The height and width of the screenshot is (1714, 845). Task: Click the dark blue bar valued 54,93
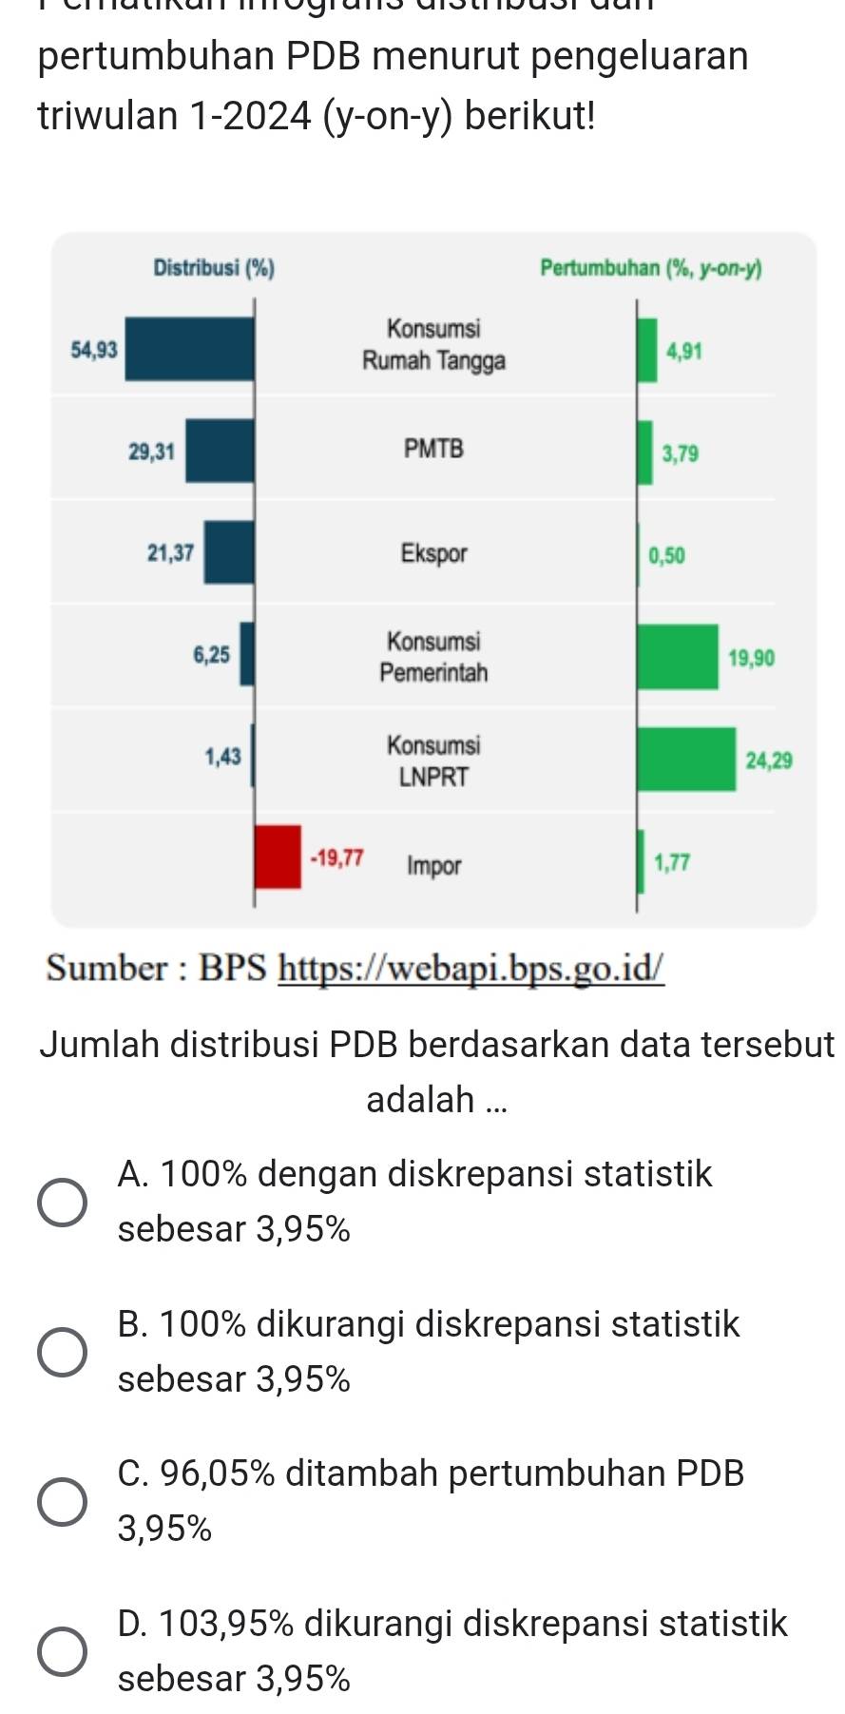189,349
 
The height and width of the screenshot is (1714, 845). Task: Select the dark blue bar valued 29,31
220,451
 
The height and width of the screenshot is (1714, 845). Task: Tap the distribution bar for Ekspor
229,552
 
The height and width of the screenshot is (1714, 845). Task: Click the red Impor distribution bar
278,857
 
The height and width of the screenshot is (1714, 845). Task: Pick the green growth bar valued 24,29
685,759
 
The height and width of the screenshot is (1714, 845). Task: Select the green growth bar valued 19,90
677,657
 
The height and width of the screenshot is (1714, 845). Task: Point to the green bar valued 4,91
647,351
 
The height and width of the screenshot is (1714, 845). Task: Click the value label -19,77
337,858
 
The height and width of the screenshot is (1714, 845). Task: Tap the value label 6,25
211,655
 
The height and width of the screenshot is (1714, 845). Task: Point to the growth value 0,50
666,555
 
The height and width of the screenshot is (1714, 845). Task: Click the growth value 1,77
672,862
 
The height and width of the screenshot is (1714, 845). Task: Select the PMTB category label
433,449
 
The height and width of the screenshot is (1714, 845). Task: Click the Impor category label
433,866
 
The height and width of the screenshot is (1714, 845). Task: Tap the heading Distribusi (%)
213,269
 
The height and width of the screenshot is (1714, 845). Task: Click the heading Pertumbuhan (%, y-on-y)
650,269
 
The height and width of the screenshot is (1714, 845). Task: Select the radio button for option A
63,1203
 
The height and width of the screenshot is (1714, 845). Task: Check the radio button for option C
63,1502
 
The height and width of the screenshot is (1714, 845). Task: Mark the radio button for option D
63,1651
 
